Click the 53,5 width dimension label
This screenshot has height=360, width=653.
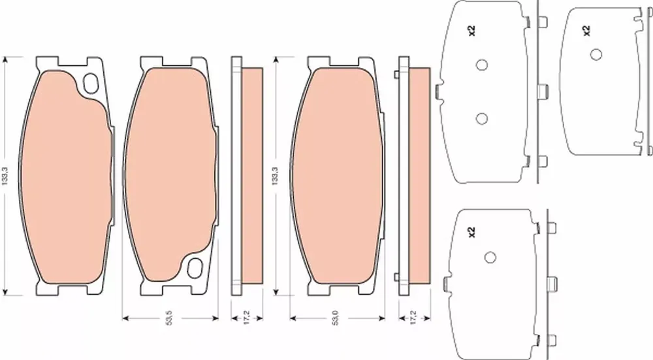click(169, 318)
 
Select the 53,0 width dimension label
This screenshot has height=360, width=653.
click(336, 318)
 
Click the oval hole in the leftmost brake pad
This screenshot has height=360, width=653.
click(90, 83)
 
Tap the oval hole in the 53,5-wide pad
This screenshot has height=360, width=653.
click(195, 267)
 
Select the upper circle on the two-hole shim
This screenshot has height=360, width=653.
click(482, 65)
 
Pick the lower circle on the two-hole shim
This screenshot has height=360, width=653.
click(482, 119)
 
